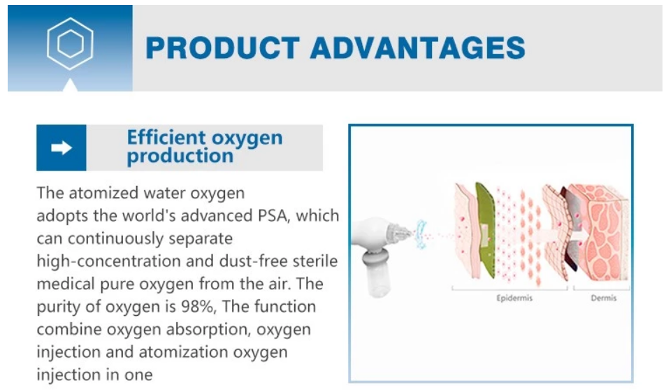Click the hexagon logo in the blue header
tap(70, 43)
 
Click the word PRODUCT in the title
tap(222, 48)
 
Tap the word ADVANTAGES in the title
tap(417, 48)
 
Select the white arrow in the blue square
tap(61, 148)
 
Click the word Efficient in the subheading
tap(166, 137)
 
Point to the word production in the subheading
tap(180, 157)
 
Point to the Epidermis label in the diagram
tap(514, 298)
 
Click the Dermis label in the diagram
tap(604, 298)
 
